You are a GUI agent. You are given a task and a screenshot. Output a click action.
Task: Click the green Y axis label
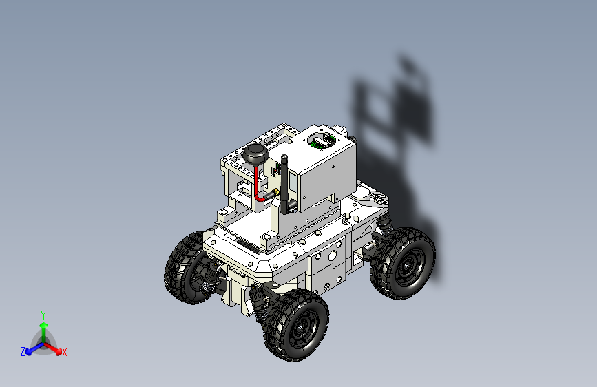43,314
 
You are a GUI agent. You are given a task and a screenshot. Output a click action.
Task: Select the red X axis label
65,353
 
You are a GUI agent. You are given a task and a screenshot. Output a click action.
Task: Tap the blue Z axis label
23,352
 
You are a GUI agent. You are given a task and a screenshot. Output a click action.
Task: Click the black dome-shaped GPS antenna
255,154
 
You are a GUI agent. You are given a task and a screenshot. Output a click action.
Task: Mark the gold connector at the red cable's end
273,193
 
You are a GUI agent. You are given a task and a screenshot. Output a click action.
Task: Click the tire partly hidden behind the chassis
185,269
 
